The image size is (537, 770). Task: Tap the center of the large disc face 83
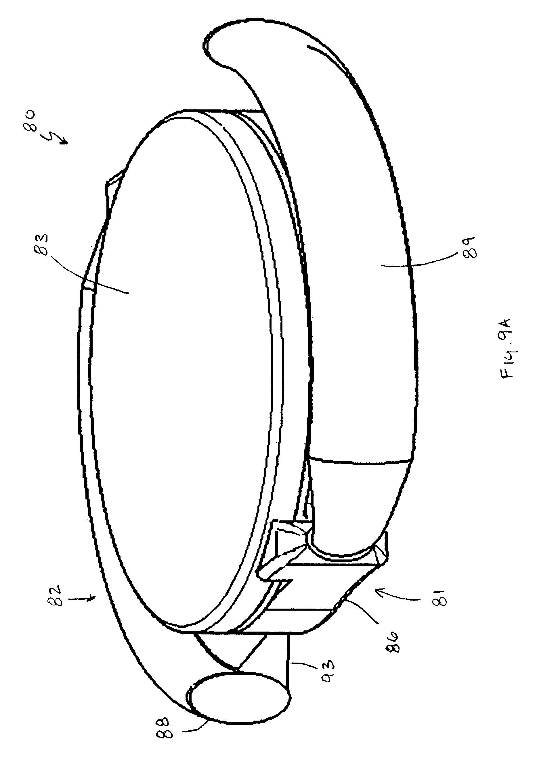[x=188, y=362]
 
